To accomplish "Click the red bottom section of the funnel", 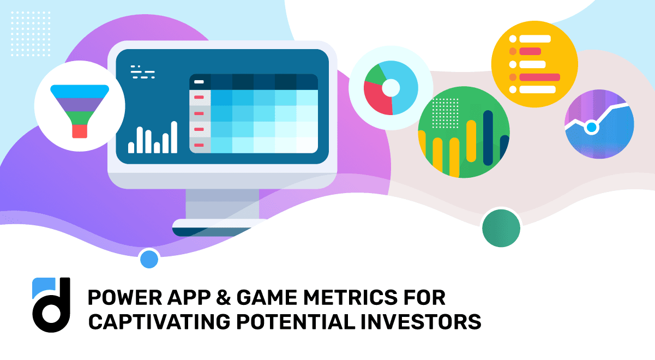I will tap(80, 131).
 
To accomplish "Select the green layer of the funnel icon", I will tap(80, 117).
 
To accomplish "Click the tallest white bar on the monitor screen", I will tap(174, 137).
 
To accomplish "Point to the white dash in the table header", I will tap(199, 82).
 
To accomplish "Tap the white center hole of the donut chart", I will tap(391, 87).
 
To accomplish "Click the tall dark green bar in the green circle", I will tap(488, 139).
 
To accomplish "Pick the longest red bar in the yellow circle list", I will tap(539, 77).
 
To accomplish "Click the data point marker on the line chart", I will tap(591, 128).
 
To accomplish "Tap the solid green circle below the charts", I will tap(501, 228).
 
